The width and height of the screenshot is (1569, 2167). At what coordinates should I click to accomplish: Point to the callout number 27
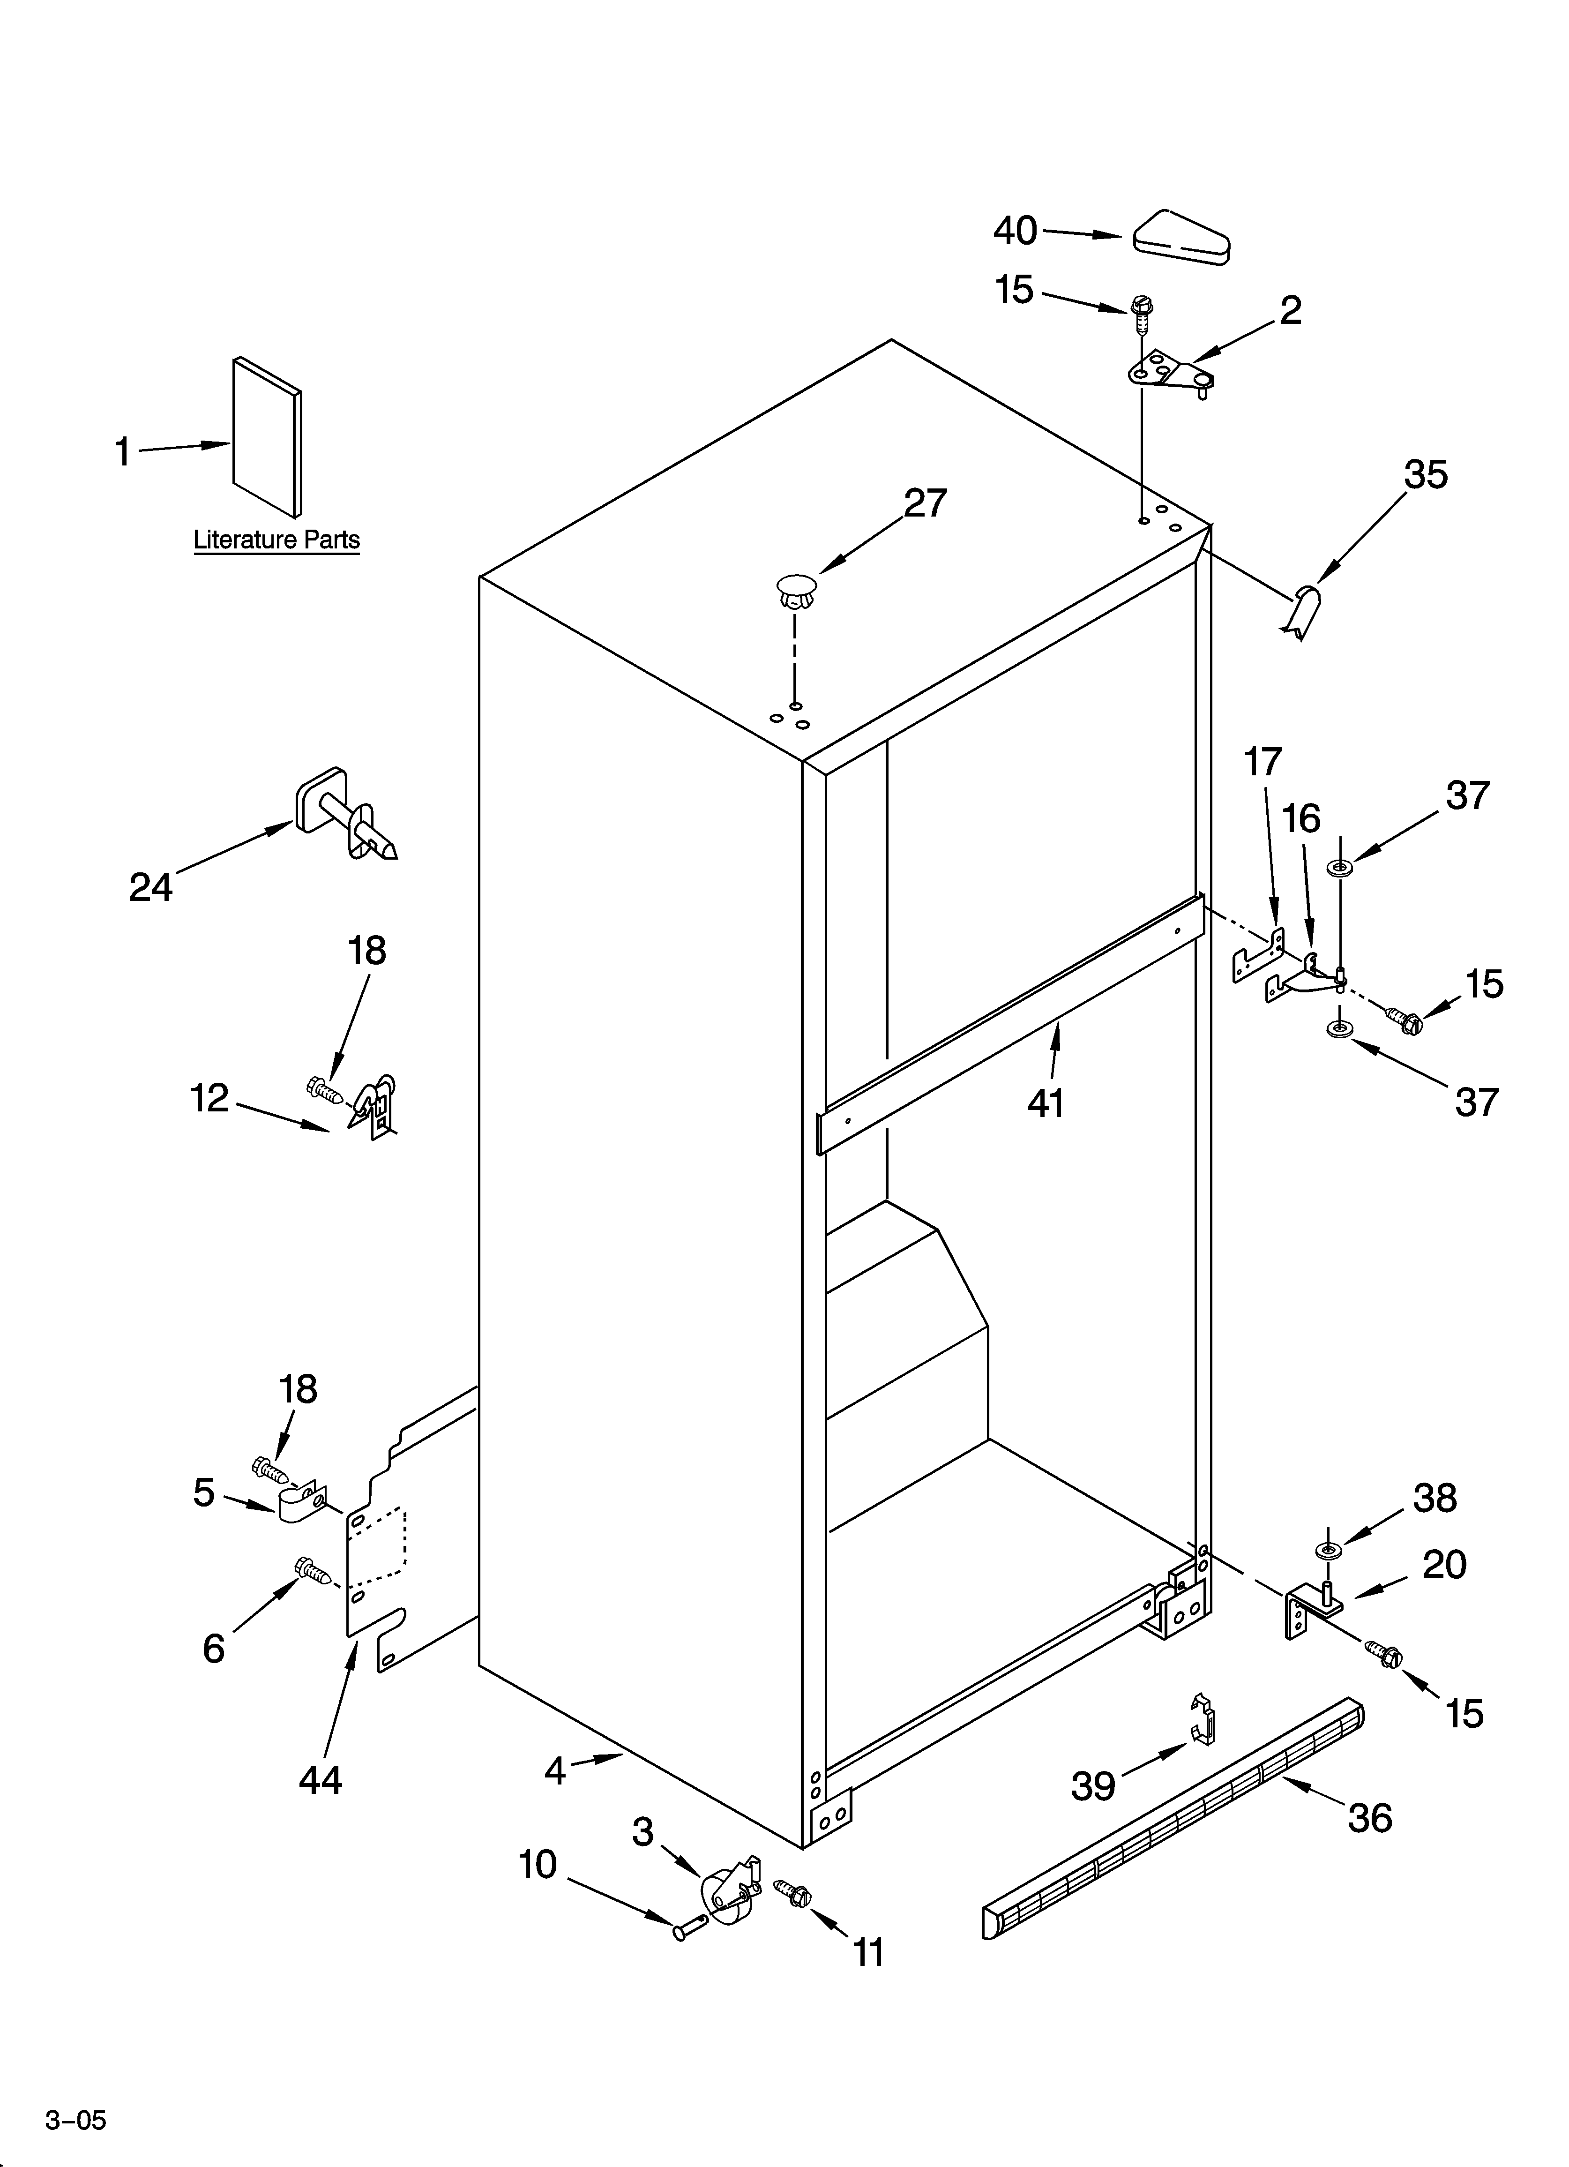925,503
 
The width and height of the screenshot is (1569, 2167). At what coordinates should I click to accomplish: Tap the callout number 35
1425,475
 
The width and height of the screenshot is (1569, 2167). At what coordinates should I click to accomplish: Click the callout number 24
151,888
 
